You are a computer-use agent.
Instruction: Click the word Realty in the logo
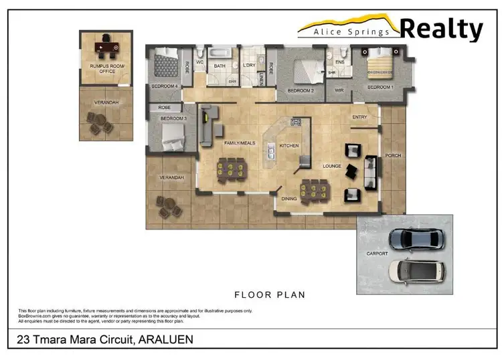[441, 29]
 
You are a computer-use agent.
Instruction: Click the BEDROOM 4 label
[164, 86]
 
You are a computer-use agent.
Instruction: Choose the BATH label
[220, 66]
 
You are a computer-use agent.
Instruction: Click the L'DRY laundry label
[249, 66]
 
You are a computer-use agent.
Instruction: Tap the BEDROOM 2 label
[301, 90]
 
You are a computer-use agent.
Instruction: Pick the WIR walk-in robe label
[339, 90]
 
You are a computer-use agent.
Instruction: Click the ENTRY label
[359, 118]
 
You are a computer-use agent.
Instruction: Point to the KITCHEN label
[289, 145]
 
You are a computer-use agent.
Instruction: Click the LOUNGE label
[332, 166]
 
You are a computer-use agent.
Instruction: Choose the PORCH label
[392, 155]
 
